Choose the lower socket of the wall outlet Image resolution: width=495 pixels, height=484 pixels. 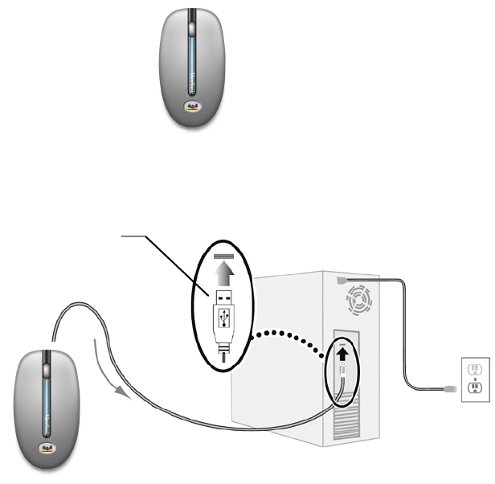(x=474, y=388)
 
